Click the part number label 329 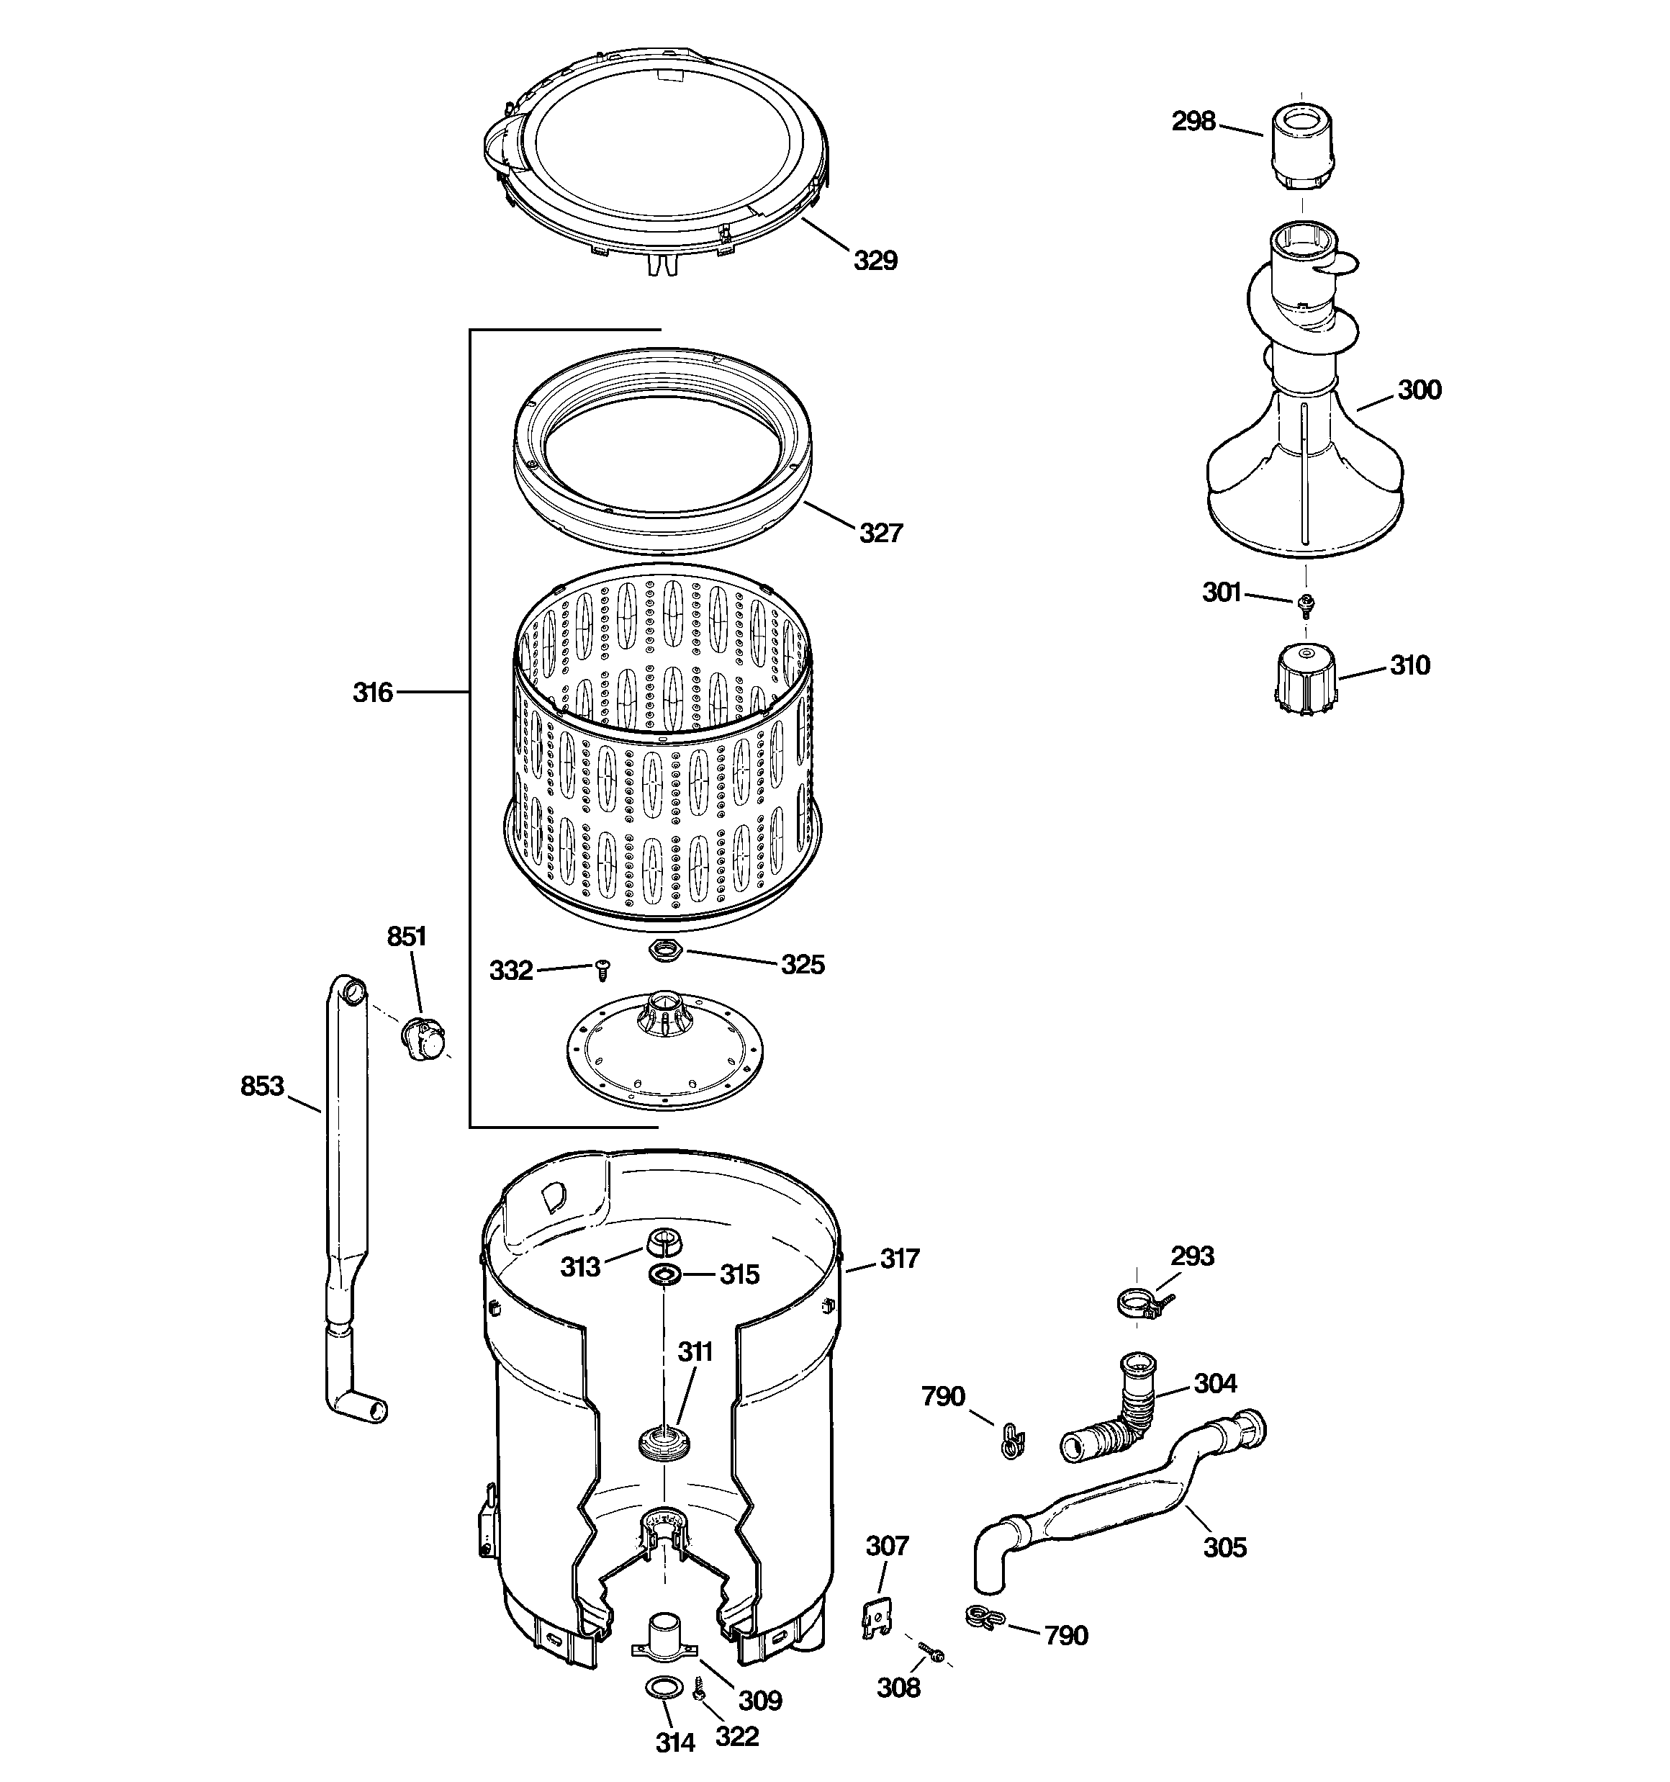[x=874, y=261]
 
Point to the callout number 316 [x=372, y=692]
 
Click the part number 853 [x=262, y=1086]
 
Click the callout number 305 [x=1224, y=1547]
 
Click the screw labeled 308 [x=932, y=1652]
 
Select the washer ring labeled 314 [x=662, y=1689]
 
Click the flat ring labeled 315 [x=664, y=1276]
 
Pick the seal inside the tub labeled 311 [x=664, y=1444]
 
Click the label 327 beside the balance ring [x=880, y=534]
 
